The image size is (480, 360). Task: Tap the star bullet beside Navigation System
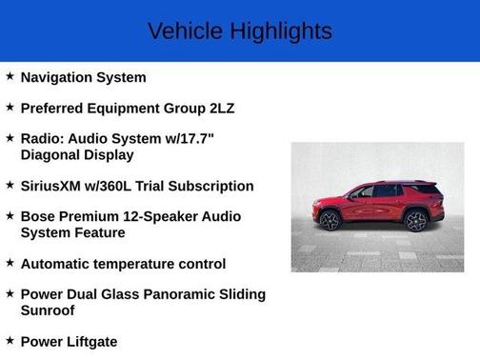coord(10,76)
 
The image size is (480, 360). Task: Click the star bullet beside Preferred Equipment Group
coord(10,107)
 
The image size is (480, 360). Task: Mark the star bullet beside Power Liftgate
coord(10,340)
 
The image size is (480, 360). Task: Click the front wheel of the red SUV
coord(330,221)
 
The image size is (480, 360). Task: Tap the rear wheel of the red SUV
coord(415,221)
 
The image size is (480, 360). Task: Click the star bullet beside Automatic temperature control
coord(10,263)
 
